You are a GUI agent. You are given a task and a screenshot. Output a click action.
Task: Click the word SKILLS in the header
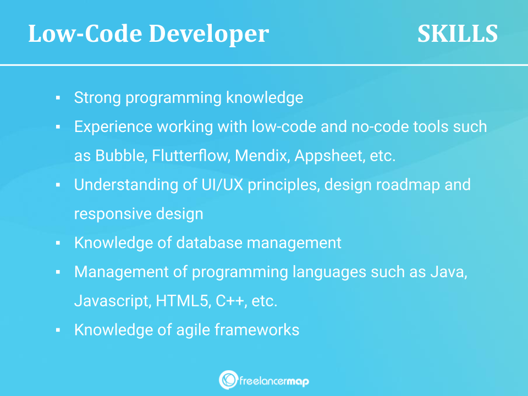pos(458,34)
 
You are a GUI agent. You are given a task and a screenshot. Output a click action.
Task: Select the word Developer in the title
pos(209,34)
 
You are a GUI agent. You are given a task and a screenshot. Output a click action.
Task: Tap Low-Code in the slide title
pos(85,34)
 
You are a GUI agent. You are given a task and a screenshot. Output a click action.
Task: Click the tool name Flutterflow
pos(191,156)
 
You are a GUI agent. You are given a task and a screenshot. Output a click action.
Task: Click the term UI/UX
pos(222,185)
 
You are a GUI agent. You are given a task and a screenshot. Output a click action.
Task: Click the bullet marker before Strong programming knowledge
pos(58,98)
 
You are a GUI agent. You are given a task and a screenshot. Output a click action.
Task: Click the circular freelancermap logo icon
pos(228,380)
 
